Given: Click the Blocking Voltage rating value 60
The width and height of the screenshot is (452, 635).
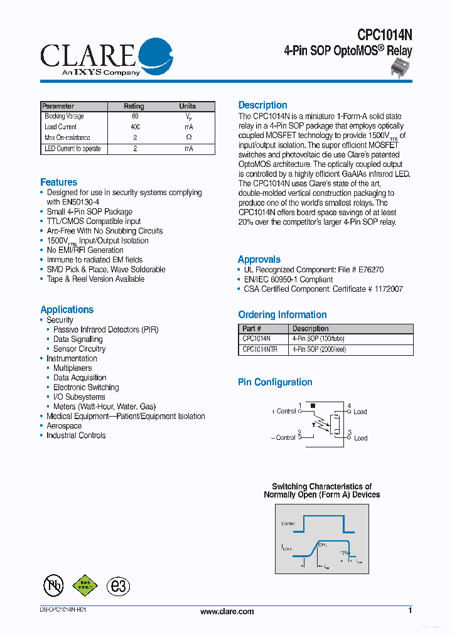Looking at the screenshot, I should tap(135, 116).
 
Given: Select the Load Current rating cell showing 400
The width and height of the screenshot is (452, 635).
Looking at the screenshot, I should tap(135, 127).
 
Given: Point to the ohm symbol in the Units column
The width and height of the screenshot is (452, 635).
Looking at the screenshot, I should tap(188, 137).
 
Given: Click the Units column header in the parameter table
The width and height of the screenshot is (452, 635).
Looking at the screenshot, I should tap(188, 106).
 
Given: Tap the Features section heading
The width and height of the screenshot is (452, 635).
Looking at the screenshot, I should tap(59, 182).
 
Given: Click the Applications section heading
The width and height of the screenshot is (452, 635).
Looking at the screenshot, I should tap(67, 309).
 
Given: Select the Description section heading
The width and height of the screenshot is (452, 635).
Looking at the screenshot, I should tap(262, 105).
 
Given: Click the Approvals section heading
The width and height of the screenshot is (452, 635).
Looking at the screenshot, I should tap(259, 259).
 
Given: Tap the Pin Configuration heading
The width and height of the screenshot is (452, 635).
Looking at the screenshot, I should tap(275, 382).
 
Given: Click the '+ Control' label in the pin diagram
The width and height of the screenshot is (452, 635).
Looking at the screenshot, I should tap(284, 412).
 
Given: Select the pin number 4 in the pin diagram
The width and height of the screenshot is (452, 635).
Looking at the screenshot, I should tap(349, 406).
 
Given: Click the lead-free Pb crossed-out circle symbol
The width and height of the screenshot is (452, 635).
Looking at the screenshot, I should tap(53, 585).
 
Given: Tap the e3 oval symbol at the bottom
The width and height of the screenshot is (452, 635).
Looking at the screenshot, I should tap(117, 586).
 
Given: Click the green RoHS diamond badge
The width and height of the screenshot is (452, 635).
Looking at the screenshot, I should tap(85, 585).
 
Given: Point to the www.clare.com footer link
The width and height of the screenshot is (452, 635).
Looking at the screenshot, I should tap(227, 611).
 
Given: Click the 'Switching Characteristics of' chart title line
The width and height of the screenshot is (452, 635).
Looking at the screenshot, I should tap(321, 486).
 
